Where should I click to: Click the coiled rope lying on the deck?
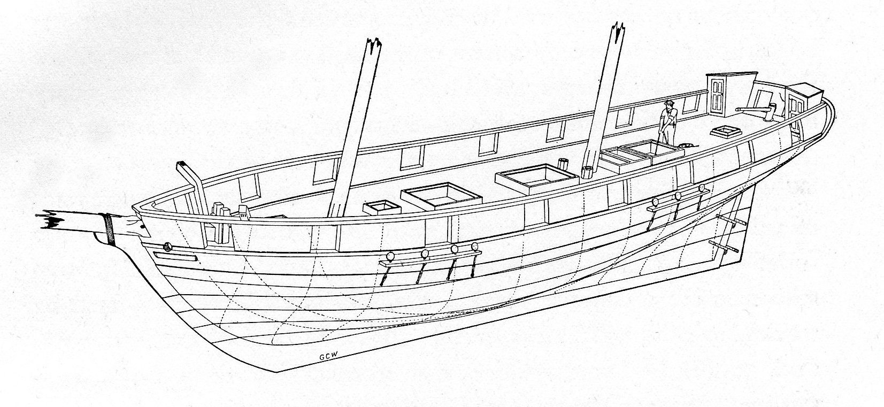685,144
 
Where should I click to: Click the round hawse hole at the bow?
167,246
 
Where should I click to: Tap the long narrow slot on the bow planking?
175,257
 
